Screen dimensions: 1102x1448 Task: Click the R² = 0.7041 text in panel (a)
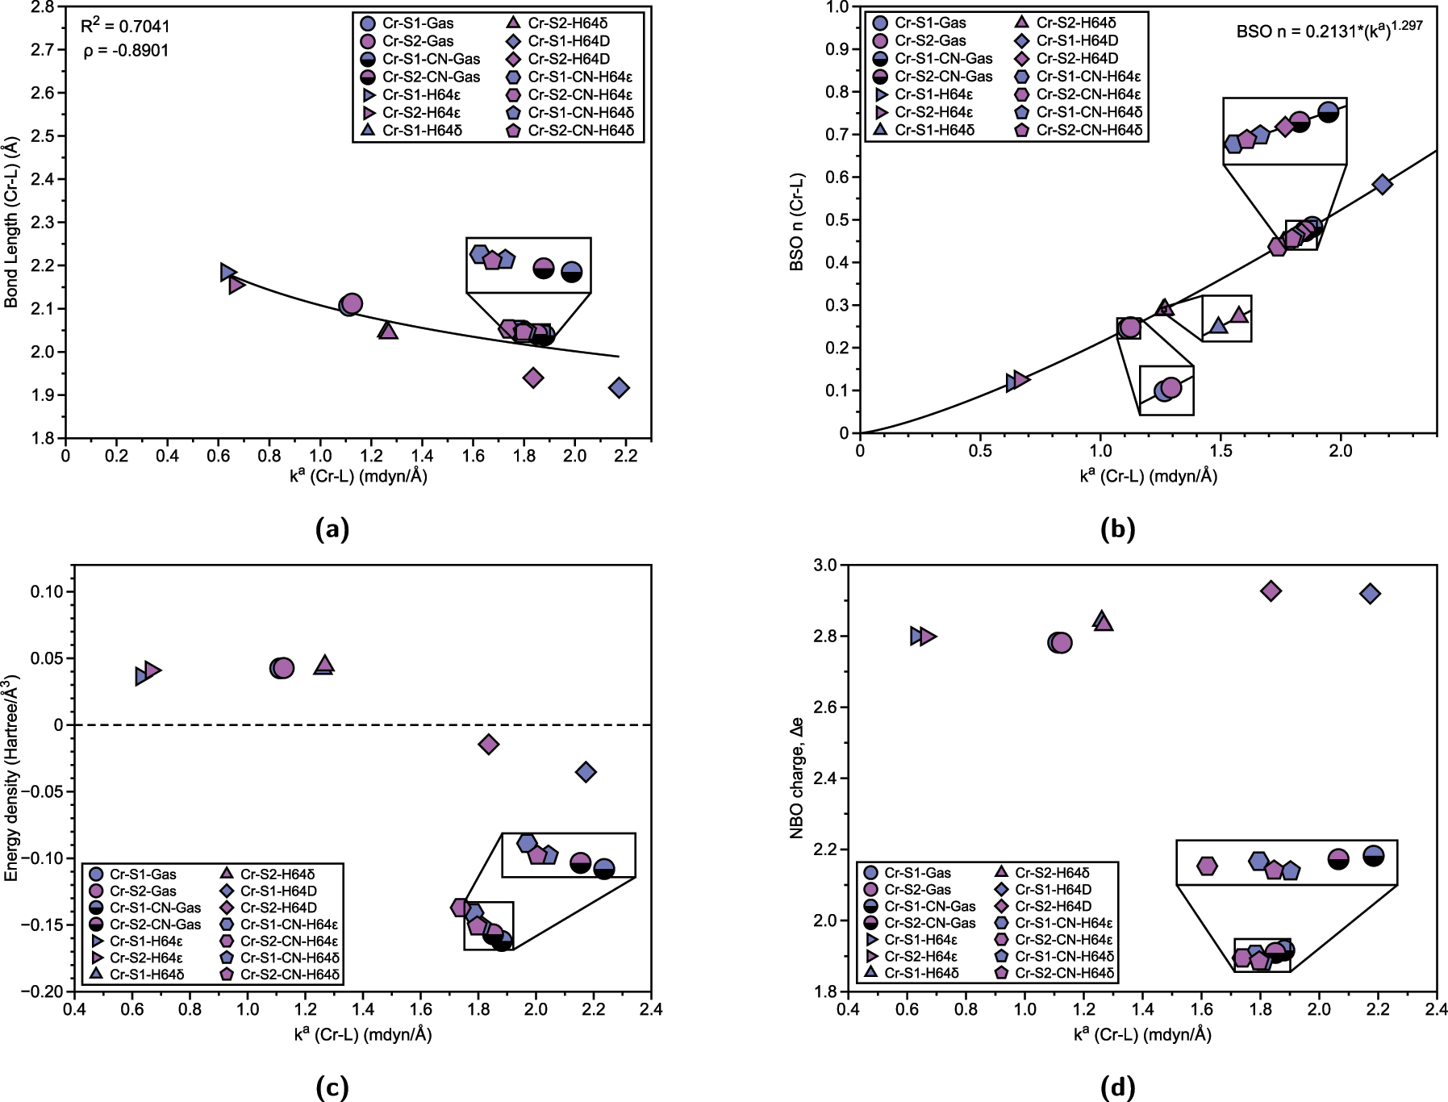(125, 27)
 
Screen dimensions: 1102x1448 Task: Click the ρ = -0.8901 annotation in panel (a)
(125, 51)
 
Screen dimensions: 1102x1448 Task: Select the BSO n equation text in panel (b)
(1329, 31)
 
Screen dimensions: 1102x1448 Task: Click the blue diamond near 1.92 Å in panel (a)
(619, 388)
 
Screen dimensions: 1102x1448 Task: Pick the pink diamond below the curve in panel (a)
(532, 378)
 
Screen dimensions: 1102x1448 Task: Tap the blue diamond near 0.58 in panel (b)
(1382, 184)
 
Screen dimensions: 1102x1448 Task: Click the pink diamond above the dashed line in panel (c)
(488, 744)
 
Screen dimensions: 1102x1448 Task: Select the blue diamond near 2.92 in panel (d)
(1370, 594)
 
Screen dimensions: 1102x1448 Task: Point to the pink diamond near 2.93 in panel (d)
(1271, 591)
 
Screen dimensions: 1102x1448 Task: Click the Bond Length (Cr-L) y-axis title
(11, 222)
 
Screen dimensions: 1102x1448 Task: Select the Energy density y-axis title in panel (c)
(11, 778)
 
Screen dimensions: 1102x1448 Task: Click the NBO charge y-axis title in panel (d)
(797, 778)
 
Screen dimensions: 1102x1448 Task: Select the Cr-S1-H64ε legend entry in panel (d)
(920, 940)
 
